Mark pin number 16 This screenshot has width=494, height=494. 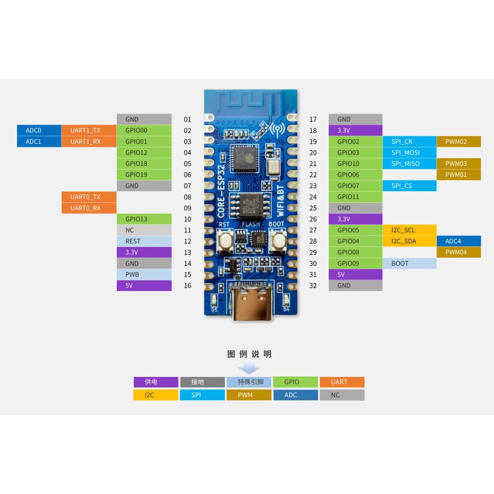point(188,286)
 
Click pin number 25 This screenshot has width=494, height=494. point(313,208)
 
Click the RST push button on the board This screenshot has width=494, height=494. point(225,240)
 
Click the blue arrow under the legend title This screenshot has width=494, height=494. point(249,368)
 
